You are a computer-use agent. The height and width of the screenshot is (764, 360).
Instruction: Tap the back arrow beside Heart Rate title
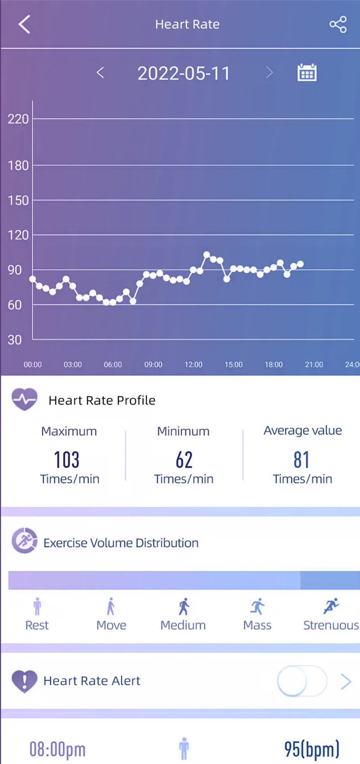tap(24, 24)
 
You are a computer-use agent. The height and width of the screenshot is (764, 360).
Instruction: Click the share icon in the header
tap(338, 24)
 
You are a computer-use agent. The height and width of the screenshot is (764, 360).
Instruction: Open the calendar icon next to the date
tap(307, 72)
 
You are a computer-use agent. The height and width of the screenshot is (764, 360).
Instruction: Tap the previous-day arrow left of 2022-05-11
tap(100, 72)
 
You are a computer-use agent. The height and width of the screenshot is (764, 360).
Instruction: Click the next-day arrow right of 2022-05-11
tap(269, 72)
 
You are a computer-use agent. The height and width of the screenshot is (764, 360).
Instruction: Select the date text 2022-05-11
tap(184, 73)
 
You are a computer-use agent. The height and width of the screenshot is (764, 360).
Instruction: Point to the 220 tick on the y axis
tap(18, 119)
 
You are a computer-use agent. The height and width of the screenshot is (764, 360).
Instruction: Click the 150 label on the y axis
tap(18, 200)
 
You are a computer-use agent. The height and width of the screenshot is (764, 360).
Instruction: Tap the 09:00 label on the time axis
tap(153, 364)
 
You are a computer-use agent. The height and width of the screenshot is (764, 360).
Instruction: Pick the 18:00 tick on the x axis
tap(274, 364)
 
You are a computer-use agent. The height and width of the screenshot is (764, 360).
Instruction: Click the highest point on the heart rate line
tap(207, 255)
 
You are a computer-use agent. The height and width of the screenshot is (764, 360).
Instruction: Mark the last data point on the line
tap(300, 264)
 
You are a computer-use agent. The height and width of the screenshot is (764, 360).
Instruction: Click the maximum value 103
tap(67, 460)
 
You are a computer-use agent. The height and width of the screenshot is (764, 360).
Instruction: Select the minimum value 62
tap(184, 460)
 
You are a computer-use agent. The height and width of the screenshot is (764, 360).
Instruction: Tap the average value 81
tap(301, 460)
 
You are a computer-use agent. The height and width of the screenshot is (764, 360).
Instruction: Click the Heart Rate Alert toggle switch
tap(301, 681)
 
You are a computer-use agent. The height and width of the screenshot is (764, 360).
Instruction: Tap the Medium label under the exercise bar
tap(183, 625)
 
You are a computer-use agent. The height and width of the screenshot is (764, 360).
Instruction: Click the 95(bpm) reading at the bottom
tap(311, 749)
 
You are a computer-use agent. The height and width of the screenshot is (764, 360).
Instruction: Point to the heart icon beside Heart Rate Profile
tap(25, 399)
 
